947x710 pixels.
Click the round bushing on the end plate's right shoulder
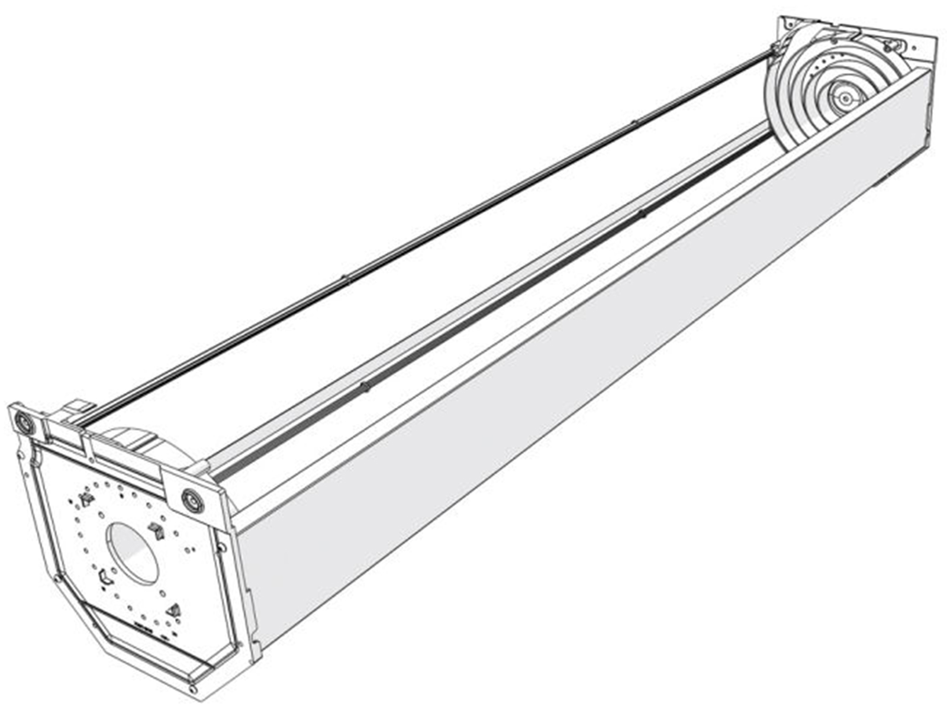point(192,500)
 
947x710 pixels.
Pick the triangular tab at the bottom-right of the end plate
point(174,610)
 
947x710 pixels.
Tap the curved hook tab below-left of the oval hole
point(105,577)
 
